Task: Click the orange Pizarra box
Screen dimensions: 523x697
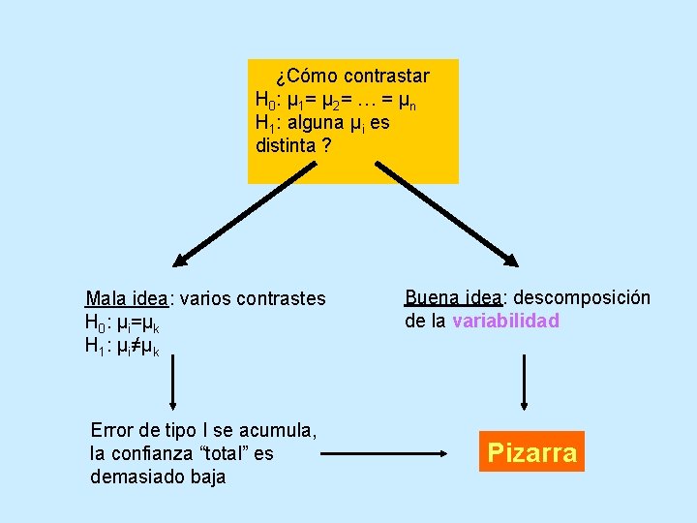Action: pyautogui.click(x=531, y=451)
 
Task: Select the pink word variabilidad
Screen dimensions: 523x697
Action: pyautogui.click(x=505, y=321)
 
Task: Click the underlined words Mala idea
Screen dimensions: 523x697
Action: pyautogui.click(x=126, y=298)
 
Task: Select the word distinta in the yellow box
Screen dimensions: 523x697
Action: pyautogui.click(x=286, y=146)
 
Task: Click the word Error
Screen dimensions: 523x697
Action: pyautogui.click(x=111, y=429)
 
